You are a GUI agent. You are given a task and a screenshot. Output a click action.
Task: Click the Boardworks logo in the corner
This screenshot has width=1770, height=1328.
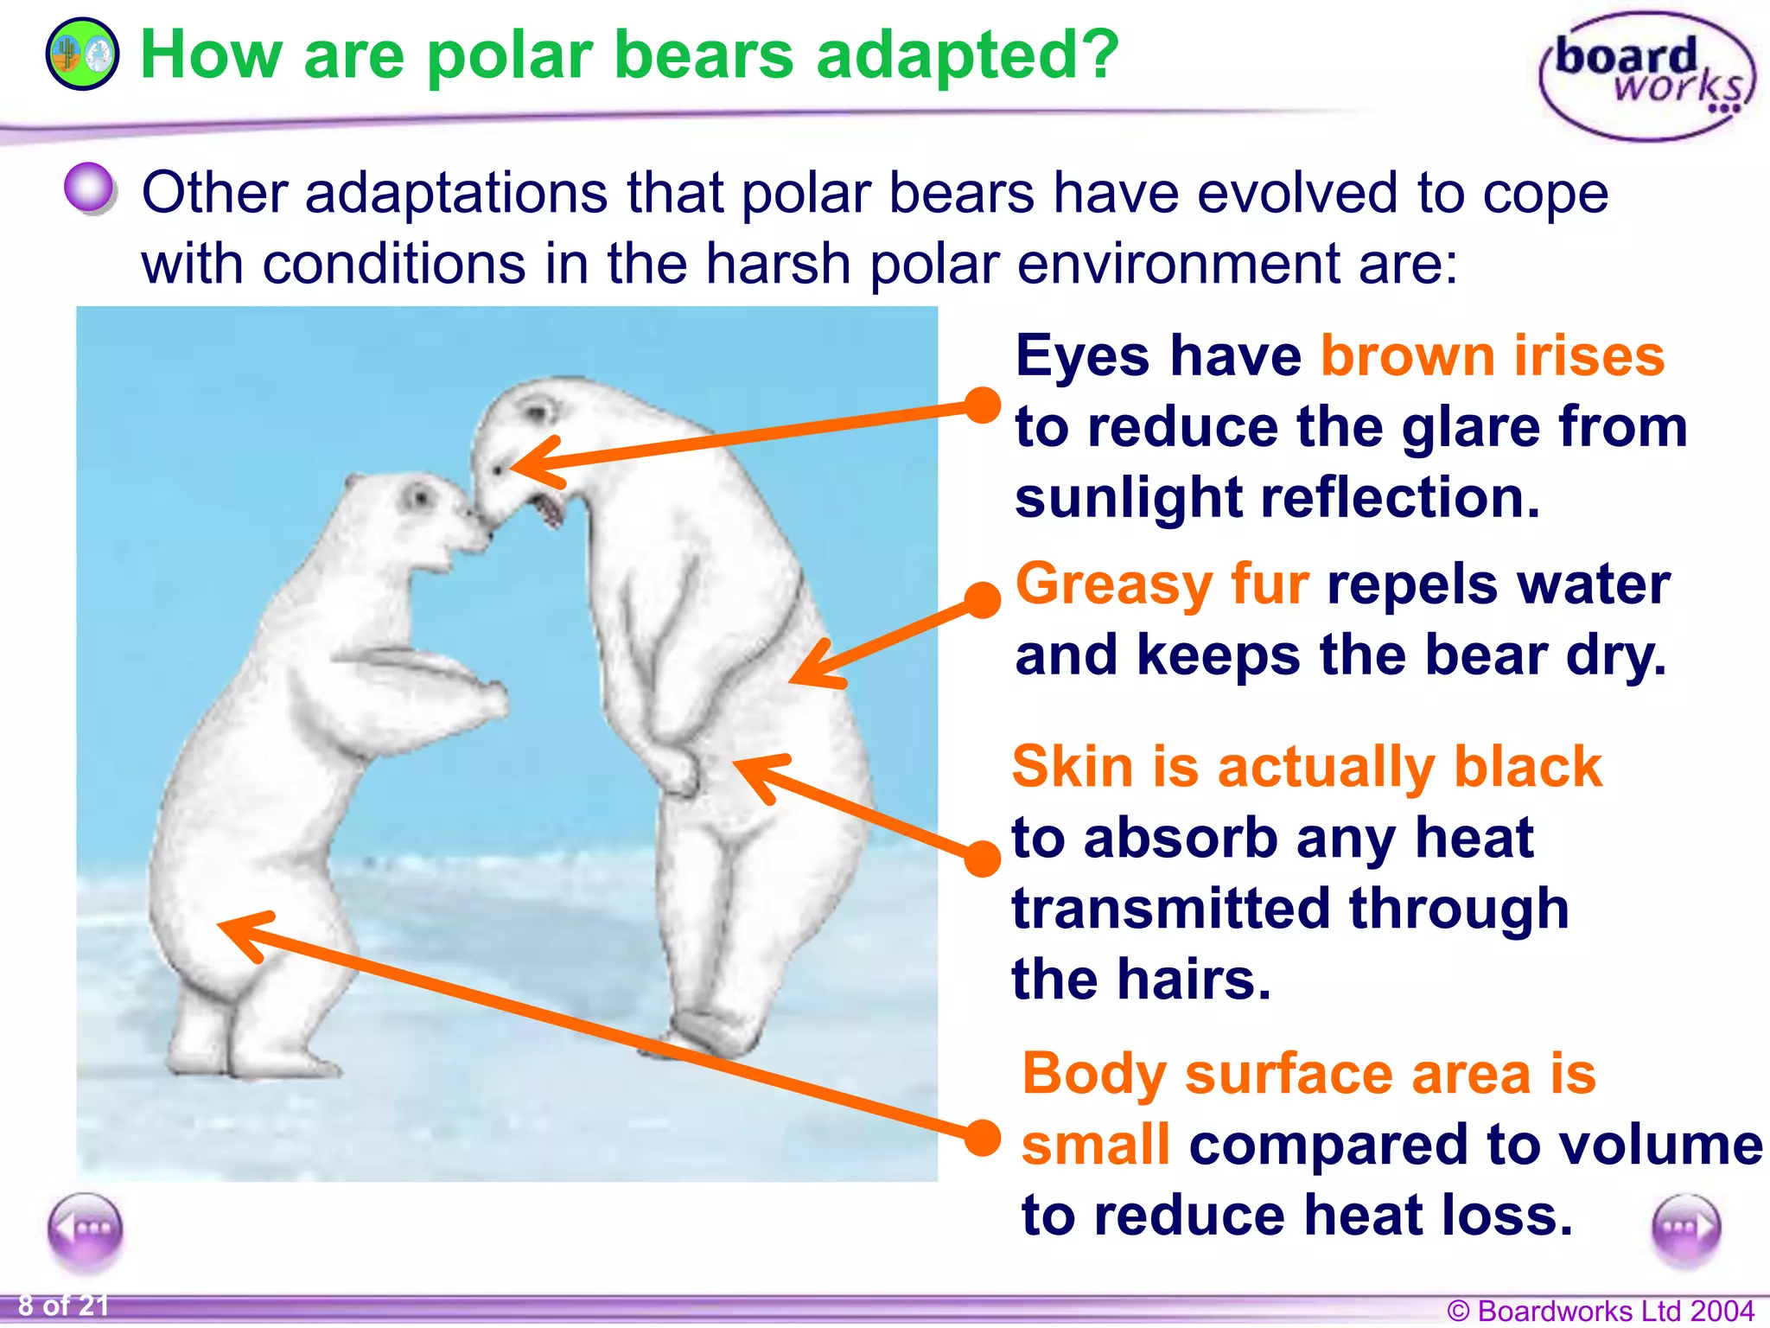1647,76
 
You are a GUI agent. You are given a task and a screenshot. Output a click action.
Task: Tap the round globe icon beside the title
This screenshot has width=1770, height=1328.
82,54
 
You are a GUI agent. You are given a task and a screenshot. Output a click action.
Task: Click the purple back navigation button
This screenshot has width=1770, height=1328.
85,1229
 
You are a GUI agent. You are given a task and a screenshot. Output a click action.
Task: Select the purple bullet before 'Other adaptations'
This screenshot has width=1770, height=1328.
89,188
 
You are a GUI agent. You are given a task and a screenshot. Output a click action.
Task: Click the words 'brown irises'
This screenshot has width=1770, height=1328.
1492,356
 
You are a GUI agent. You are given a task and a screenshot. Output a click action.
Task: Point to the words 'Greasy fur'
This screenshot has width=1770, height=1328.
1162,584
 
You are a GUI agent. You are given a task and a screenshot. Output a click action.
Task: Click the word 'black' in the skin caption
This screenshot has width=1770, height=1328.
1527,767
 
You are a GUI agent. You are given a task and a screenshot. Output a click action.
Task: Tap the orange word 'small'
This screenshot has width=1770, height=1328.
1095,1145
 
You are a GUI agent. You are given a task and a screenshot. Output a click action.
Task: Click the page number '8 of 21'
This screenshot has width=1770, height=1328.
64,1305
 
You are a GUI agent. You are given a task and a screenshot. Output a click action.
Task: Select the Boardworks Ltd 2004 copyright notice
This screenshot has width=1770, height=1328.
1600,1311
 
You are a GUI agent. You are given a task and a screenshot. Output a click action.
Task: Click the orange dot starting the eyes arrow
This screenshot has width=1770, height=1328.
982,405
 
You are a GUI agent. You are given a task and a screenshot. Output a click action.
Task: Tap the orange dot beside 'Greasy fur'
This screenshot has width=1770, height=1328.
982,600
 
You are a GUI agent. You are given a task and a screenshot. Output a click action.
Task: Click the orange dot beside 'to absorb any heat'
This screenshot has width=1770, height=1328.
982,859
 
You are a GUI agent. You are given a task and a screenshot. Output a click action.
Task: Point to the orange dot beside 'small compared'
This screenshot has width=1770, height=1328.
982,1138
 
